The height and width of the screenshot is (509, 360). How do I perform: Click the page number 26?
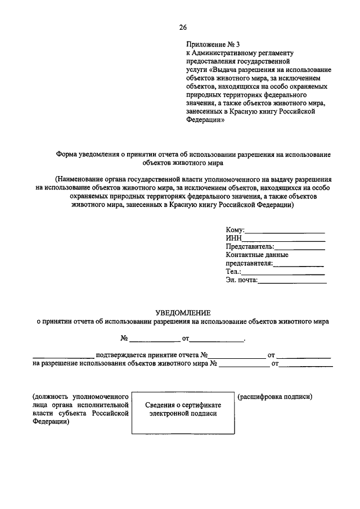pyautogui.click(x=183, y=28)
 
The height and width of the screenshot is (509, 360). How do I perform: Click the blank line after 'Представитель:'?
pyautogui.click(x=300, y=248)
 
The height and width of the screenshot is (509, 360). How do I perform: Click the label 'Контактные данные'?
pyautogui.click(x=253, y=255)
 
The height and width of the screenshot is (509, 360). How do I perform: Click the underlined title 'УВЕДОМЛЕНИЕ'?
pyautogui.click(x=183, y=312)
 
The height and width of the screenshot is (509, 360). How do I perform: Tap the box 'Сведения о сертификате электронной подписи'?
pyautogui.click(x=183, y=409)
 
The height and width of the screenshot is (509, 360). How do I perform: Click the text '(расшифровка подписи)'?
pyautogui.click(x=275, y=397)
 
